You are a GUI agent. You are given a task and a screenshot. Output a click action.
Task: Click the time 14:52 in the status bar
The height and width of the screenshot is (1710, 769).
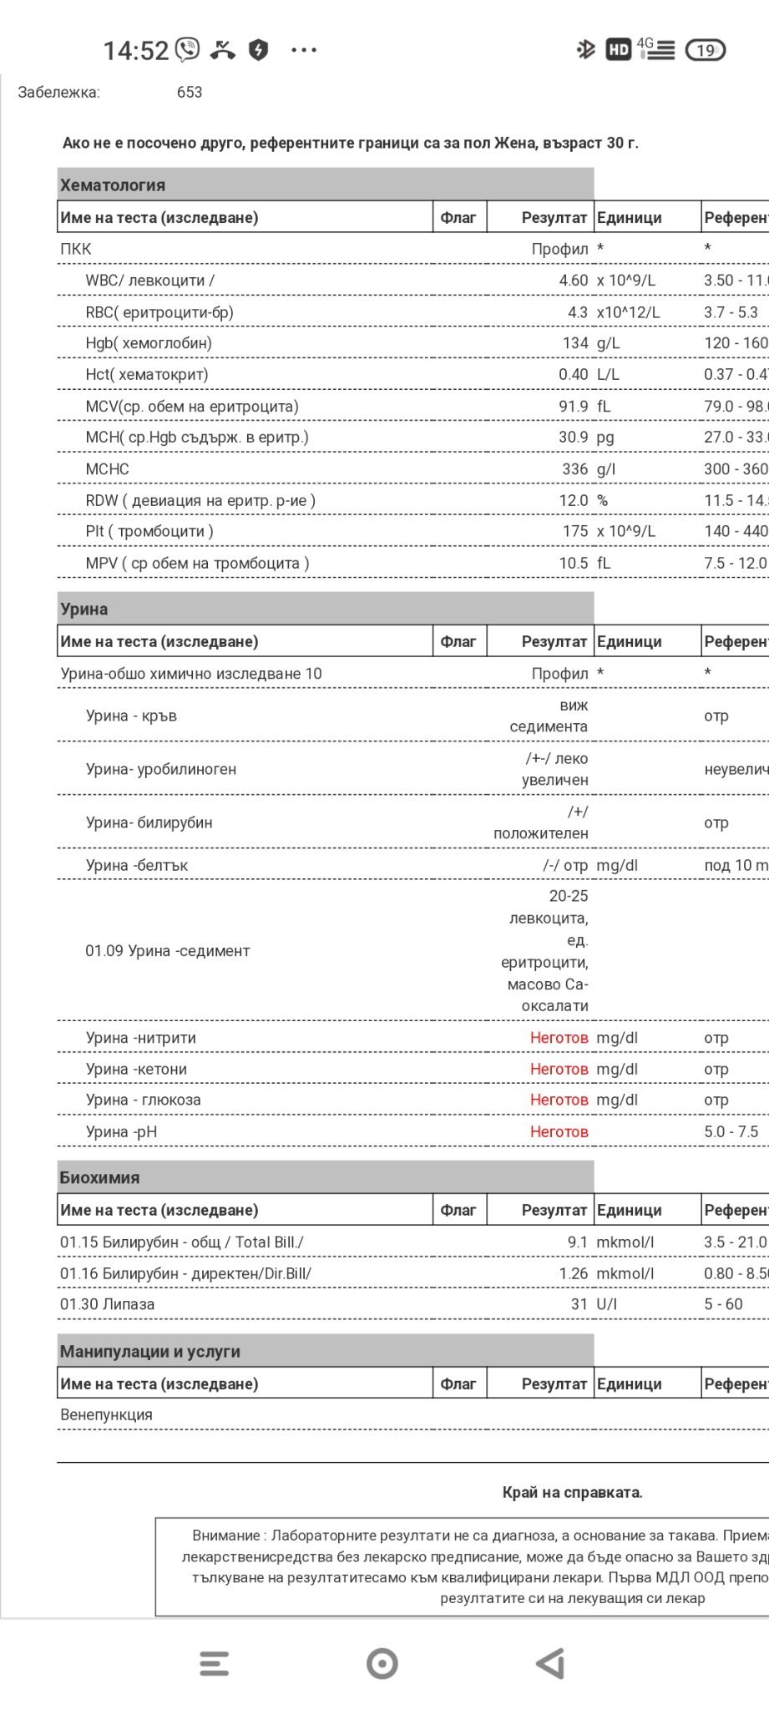(x=135, y=51)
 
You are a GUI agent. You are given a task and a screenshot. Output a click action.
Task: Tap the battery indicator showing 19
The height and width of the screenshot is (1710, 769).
(x=705, y=50)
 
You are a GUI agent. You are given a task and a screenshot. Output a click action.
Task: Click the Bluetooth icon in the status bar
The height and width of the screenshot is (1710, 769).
(x=585, y=50)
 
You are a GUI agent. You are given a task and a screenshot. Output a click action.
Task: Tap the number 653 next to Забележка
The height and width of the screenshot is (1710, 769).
(x=190, y=93)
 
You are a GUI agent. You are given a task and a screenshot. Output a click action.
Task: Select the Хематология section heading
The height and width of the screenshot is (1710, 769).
(x=113, y=185)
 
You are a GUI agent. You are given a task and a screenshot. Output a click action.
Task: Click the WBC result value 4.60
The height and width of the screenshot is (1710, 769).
(x=573, y=281)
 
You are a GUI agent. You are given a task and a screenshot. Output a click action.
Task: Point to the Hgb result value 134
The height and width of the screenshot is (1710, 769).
(x=574, y=343)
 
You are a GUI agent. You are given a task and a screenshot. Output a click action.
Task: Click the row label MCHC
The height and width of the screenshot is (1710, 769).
(x=107, y=469)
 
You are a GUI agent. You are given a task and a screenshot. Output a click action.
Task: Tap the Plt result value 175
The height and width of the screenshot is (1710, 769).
(x=574, y=531)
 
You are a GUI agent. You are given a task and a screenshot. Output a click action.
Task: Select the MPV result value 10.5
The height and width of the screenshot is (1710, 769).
(x=573, y=564)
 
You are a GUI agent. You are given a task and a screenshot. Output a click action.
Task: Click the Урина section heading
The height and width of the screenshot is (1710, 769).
(x=83, y=610)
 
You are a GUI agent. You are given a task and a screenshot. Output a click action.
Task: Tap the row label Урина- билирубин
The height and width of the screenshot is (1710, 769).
(x=149, y=822)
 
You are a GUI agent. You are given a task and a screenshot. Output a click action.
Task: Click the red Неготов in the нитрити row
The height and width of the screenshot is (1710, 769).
(x=559, y=1038)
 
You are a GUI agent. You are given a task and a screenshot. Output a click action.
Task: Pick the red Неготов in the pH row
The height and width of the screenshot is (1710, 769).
(x=559, y=1132)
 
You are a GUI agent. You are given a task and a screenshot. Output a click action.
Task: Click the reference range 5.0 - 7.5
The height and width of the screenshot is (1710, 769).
(x=731, y=1132)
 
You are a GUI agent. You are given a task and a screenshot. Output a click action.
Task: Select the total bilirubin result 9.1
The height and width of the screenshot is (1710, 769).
(x=577, y=1242)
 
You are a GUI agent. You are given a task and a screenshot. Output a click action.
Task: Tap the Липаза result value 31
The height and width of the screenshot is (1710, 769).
(x=579, y=1304)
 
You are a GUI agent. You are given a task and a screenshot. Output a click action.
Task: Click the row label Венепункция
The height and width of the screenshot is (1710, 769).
(x=106, y=1415)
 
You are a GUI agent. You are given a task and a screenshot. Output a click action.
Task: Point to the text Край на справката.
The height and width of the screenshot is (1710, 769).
(x=572, y=1493)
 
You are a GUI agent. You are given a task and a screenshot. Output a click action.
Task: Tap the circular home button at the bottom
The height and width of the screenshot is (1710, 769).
(x=382, y=1663)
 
